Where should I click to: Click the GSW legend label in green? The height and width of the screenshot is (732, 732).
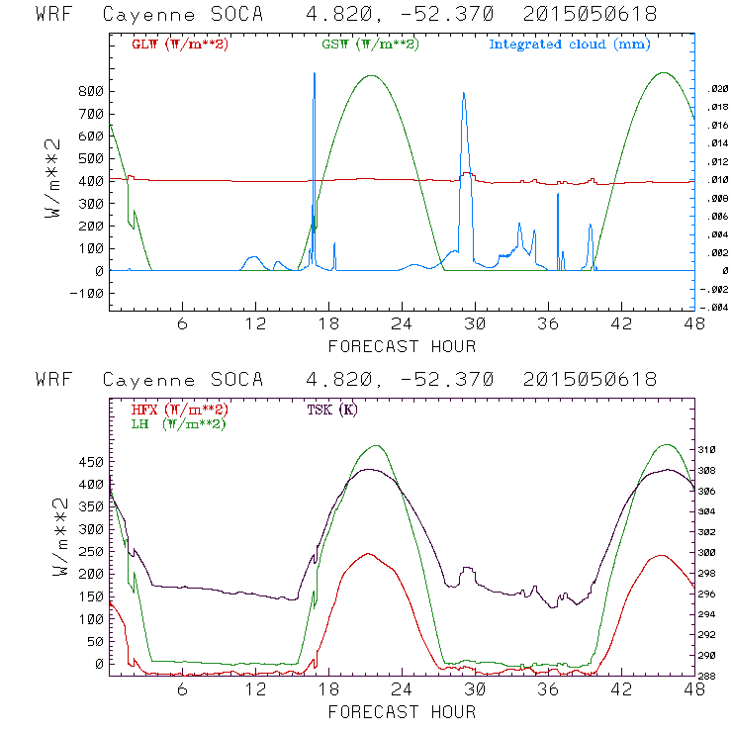369,45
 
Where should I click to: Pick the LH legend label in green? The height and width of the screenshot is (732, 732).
177,423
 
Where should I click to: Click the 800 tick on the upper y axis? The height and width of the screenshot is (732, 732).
91,91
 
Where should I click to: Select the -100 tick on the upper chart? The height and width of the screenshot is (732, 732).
88,294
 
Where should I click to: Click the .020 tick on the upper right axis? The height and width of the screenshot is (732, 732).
718,89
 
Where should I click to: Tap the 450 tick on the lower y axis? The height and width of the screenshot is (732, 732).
91,462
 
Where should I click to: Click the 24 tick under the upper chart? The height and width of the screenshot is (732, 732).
401,324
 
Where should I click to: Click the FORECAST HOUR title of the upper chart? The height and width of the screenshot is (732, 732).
402,346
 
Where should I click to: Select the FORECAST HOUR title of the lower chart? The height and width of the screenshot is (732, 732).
402,712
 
